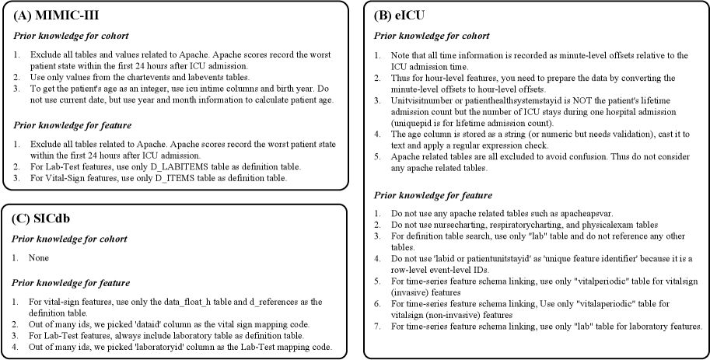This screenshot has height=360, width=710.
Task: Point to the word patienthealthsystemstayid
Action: point(519,100)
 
